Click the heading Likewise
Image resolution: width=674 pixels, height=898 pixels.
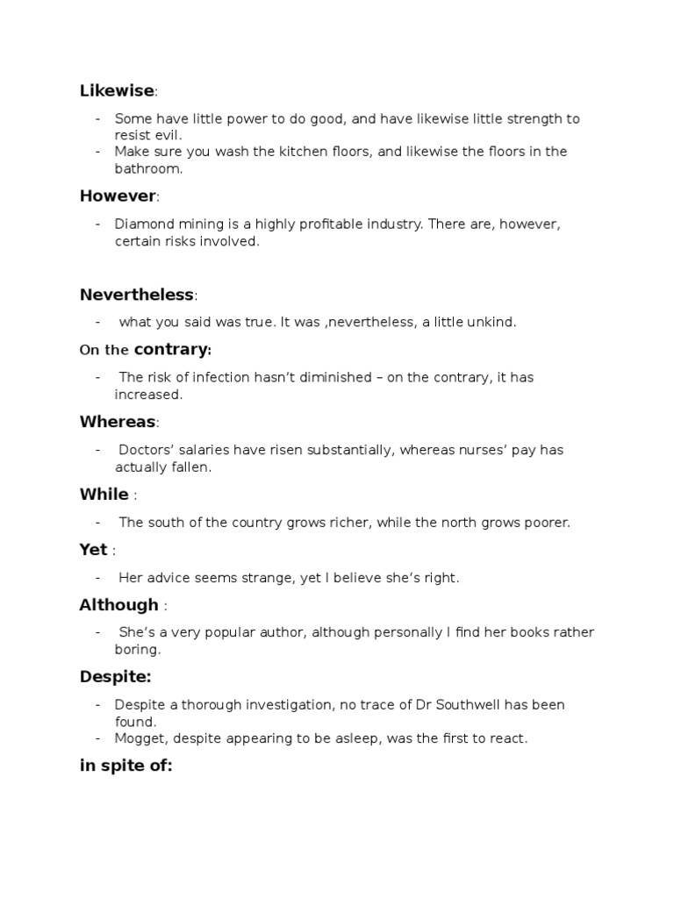[x=117, y=91]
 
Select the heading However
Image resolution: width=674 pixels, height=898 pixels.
[x=118, y=196]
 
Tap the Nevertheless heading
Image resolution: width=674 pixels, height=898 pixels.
[x=137, y=294]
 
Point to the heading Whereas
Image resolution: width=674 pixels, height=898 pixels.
[x=118, y=422]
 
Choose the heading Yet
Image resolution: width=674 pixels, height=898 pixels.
[x=93, y=550]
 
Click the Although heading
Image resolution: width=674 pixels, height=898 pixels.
[x=118, y=605]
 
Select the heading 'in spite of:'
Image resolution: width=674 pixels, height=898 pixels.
[x=125, y=766]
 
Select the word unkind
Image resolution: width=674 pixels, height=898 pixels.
[x=493, y=322]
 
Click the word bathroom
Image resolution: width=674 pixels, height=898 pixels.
[x=148, y=168]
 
